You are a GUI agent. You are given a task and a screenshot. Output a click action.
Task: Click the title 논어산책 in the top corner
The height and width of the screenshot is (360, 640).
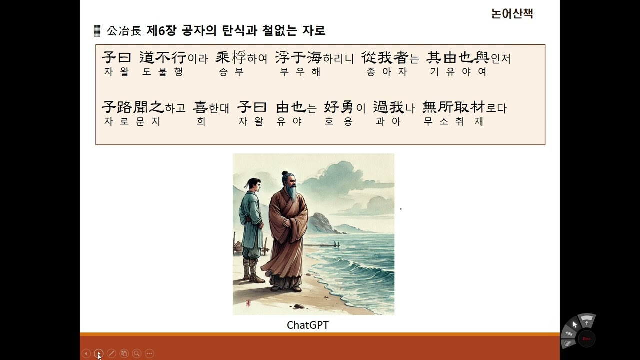pos(512,14)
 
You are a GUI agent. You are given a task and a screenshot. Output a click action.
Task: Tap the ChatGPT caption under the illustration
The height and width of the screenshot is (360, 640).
pos(308,325)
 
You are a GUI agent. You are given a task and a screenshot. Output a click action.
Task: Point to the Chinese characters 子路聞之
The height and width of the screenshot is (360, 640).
pos(133,107)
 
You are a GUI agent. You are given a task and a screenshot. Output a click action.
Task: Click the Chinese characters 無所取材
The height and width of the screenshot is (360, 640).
pos(454,107)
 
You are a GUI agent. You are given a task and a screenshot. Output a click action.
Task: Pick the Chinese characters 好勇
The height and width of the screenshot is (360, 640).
pos(339,107)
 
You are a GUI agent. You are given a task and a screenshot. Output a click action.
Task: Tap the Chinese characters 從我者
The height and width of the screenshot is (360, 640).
pos(385,58)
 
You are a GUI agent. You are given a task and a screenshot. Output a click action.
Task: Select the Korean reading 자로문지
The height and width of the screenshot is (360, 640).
pos(132,121)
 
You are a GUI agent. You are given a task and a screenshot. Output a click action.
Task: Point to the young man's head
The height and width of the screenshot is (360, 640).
pos(252,186)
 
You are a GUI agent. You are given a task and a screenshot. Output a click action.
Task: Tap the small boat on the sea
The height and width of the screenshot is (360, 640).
pos(334,244)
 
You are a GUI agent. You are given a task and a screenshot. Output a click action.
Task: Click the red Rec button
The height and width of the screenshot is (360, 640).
pos(587,338)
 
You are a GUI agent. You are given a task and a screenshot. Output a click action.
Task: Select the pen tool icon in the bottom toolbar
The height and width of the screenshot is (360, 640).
pos(111,354)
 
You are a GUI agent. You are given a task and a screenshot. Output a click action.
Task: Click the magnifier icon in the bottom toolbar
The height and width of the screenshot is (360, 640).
pos(136,354)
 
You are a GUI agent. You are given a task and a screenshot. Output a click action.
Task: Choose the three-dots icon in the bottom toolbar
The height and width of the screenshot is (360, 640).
pos(149,354)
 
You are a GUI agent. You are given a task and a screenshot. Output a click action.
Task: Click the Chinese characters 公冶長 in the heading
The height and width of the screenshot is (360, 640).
pos(124,31)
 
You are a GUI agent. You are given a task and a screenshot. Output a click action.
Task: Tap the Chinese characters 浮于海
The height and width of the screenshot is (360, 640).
pos(298,58)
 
